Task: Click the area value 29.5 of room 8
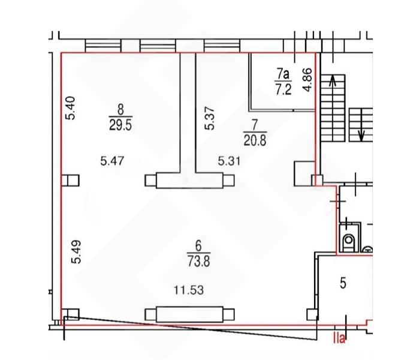(x=120, y=125)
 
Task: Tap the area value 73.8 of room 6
(x=198, y=261)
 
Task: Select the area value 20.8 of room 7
(x=255, y=140)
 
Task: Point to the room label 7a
(x=283, y=74)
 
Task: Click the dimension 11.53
(x=189, y=290)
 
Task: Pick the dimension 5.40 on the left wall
(x=70, y=108)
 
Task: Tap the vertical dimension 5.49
(x=76, y=252)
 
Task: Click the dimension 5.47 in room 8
(x=112, y=161)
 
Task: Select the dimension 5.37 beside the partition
(x=209, y=118)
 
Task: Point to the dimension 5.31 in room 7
(x=229, y=161)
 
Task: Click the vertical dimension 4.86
(x=307, y=80)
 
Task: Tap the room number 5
(x=343, y=283)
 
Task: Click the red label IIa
(x=339, y=338)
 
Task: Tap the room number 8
(x=120, y=110)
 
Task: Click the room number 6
(x=198, y=245)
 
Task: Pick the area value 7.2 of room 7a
(x=284, y=89)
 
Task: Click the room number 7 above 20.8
(x=255, y=125)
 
